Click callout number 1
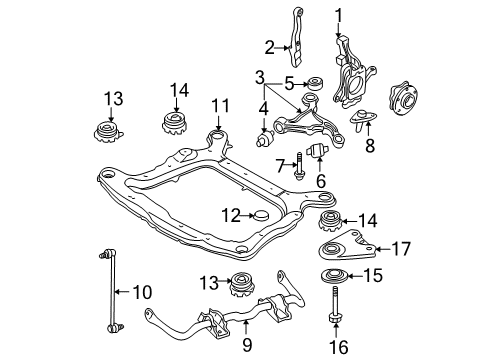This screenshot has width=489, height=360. pyautogui.click(x=338, y=14)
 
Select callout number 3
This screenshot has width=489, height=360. pyautogui.click(x=259, y=76)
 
